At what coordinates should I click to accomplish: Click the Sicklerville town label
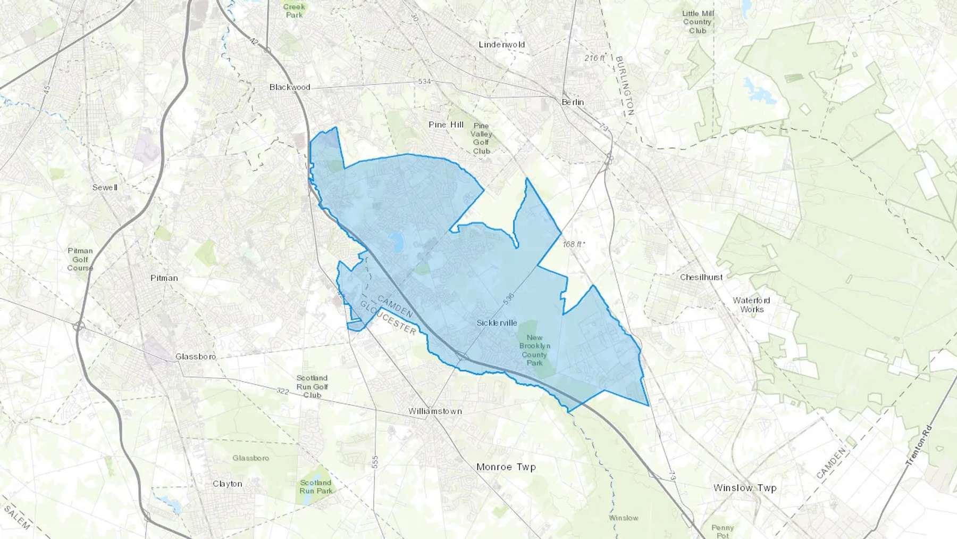click(497, 323)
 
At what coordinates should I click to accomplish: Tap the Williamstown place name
click(435, 411)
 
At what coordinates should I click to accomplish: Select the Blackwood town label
click(290, 87)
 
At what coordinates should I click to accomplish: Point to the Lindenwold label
click(501, 45)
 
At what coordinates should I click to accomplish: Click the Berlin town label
click(573, 102)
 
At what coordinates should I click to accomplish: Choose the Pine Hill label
click(446, 125)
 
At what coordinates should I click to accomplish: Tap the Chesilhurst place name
click(701, 277)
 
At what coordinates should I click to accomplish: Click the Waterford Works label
click(751, 305)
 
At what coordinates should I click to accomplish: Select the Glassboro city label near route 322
click(196, 356)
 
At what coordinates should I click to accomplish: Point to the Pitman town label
click(164, 278)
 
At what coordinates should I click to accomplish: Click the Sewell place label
click(105, 187)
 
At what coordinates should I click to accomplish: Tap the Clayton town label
click(228, 484)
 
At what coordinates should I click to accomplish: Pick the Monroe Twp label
click(506, 467)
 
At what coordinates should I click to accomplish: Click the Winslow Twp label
click(745, 488)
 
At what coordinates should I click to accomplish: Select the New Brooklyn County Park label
click(534, 350)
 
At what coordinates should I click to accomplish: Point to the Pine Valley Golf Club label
click(481, 138)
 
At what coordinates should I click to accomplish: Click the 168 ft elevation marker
click(574, 244)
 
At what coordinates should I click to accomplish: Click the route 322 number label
click(282, 391)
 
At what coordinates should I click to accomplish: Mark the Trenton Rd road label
click(919, 446)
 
